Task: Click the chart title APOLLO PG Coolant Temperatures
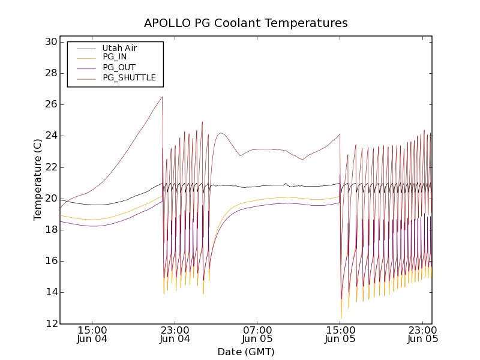(x=245, y=23)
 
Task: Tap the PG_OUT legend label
(x=119, y=68)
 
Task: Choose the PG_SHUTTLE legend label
(x=129, y=78)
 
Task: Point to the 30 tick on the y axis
(x=50, y=42)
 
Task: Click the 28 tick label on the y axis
(x=50, y=73)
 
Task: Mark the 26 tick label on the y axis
(x=50, y=104)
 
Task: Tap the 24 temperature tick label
(x=50, y=136)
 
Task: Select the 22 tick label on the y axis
(x=50, y=167)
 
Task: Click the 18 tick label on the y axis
(x=50, y=230)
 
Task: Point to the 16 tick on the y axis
(x=50, y=261)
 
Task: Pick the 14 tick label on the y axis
(x=50, y=292)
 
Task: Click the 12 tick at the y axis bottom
(x=50, y=323)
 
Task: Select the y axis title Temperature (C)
(x=37, y=179)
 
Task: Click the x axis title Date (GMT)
(x=245, y=352)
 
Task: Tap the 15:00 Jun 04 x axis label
(x=92, y=334)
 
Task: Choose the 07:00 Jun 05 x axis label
(x=257, y=334)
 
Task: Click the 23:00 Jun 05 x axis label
(x=423, y=334)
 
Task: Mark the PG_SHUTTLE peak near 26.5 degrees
(x=162, y=97)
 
